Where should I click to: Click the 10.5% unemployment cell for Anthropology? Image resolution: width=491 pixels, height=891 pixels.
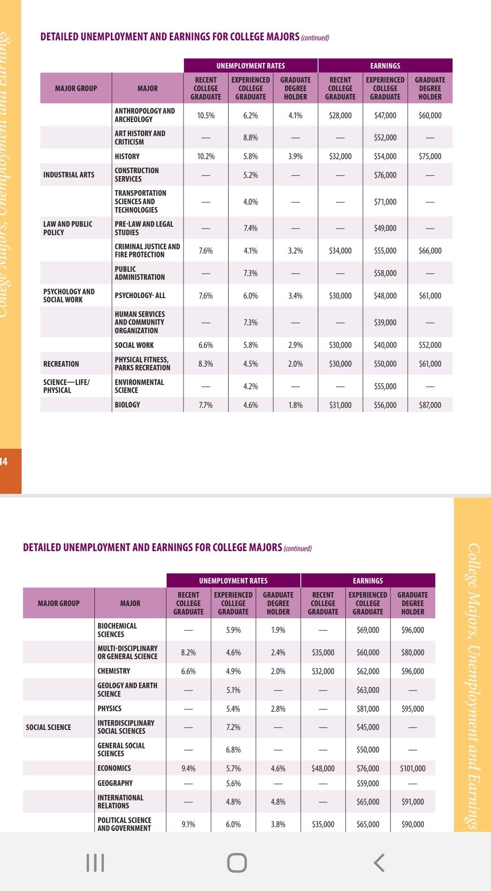pos(206,115)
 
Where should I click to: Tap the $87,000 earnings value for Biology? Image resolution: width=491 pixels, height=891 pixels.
pos(430,405)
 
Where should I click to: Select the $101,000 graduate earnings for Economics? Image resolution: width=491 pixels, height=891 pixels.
pos(413,768)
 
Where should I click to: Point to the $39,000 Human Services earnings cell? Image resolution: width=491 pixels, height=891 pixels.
pos(385,323)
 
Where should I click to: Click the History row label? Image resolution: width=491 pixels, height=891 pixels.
pos(127,156)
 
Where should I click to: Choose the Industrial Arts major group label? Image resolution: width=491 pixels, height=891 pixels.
pos(69,175)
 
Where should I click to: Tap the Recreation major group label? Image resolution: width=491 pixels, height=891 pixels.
pos(61,364)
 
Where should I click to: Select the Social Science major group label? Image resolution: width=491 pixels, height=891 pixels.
pos(48,727)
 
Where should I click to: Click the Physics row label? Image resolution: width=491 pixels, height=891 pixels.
pos(109,708)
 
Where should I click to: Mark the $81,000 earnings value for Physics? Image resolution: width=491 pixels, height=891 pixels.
pos(368,709)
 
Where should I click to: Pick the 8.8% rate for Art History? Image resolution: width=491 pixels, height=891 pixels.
pos(251,138)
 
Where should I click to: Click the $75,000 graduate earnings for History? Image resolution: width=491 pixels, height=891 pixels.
pos(430,156)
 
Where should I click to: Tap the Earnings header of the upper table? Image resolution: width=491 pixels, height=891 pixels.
pos(385,66)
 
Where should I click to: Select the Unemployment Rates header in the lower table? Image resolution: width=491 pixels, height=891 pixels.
pos(233,581)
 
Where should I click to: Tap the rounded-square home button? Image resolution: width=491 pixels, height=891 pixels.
pos(237,862)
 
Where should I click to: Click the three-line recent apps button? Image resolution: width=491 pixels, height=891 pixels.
pos(95,862)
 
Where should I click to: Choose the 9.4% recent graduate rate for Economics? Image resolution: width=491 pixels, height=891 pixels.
pos(188,768)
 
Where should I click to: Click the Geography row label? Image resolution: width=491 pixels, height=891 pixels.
pos(115,783)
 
